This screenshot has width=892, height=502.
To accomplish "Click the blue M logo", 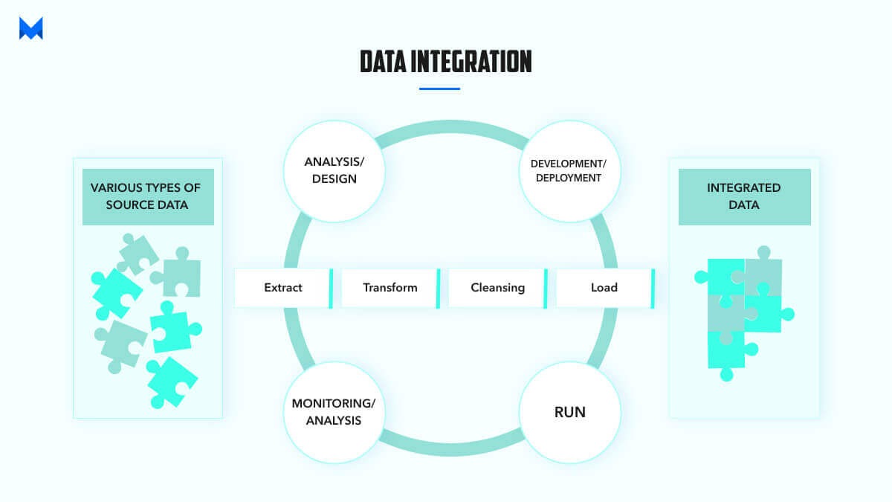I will click(31, 28).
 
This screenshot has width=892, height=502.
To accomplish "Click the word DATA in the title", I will click(382, 62).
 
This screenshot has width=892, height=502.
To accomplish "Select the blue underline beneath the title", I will click(439, 89).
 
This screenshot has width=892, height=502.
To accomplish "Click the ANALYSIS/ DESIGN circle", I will click(334, 170).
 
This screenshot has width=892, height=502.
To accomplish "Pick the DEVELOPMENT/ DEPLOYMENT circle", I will click(569, 170).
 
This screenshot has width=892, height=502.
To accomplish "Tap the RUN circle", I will click(569, 411).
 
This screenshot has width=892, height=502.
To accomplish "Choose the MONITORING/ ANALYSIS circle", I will click(334, 412).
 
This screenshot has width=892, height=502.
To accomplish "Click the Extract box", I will click(283, 287).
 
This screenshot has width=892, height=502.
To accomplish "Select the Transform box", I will click(390, 287).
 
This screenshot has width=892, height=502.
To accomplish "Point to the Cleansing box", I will click(497, 287).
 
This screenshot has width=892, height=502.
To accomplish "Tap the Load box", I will click(604, 287).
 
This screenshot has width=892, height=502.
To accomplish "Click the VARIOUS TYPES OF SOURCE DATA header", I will click(148, 196).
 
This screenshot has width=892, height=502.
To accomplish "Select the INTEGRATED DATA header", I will click(744, 196).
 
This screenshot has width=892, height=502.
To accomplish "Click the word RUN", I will click(569, 411).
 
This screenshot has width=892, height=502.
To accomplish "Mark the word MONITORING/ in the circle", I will click(334, 403).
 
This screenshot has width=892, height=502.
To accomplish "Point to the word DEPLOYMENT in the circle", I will click(569, 178).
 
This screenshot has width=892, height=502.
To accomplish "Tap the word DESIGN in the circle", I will click(334, 178).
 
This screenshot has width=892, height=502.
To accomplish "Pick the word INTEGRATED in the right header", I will click(744, 187).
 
